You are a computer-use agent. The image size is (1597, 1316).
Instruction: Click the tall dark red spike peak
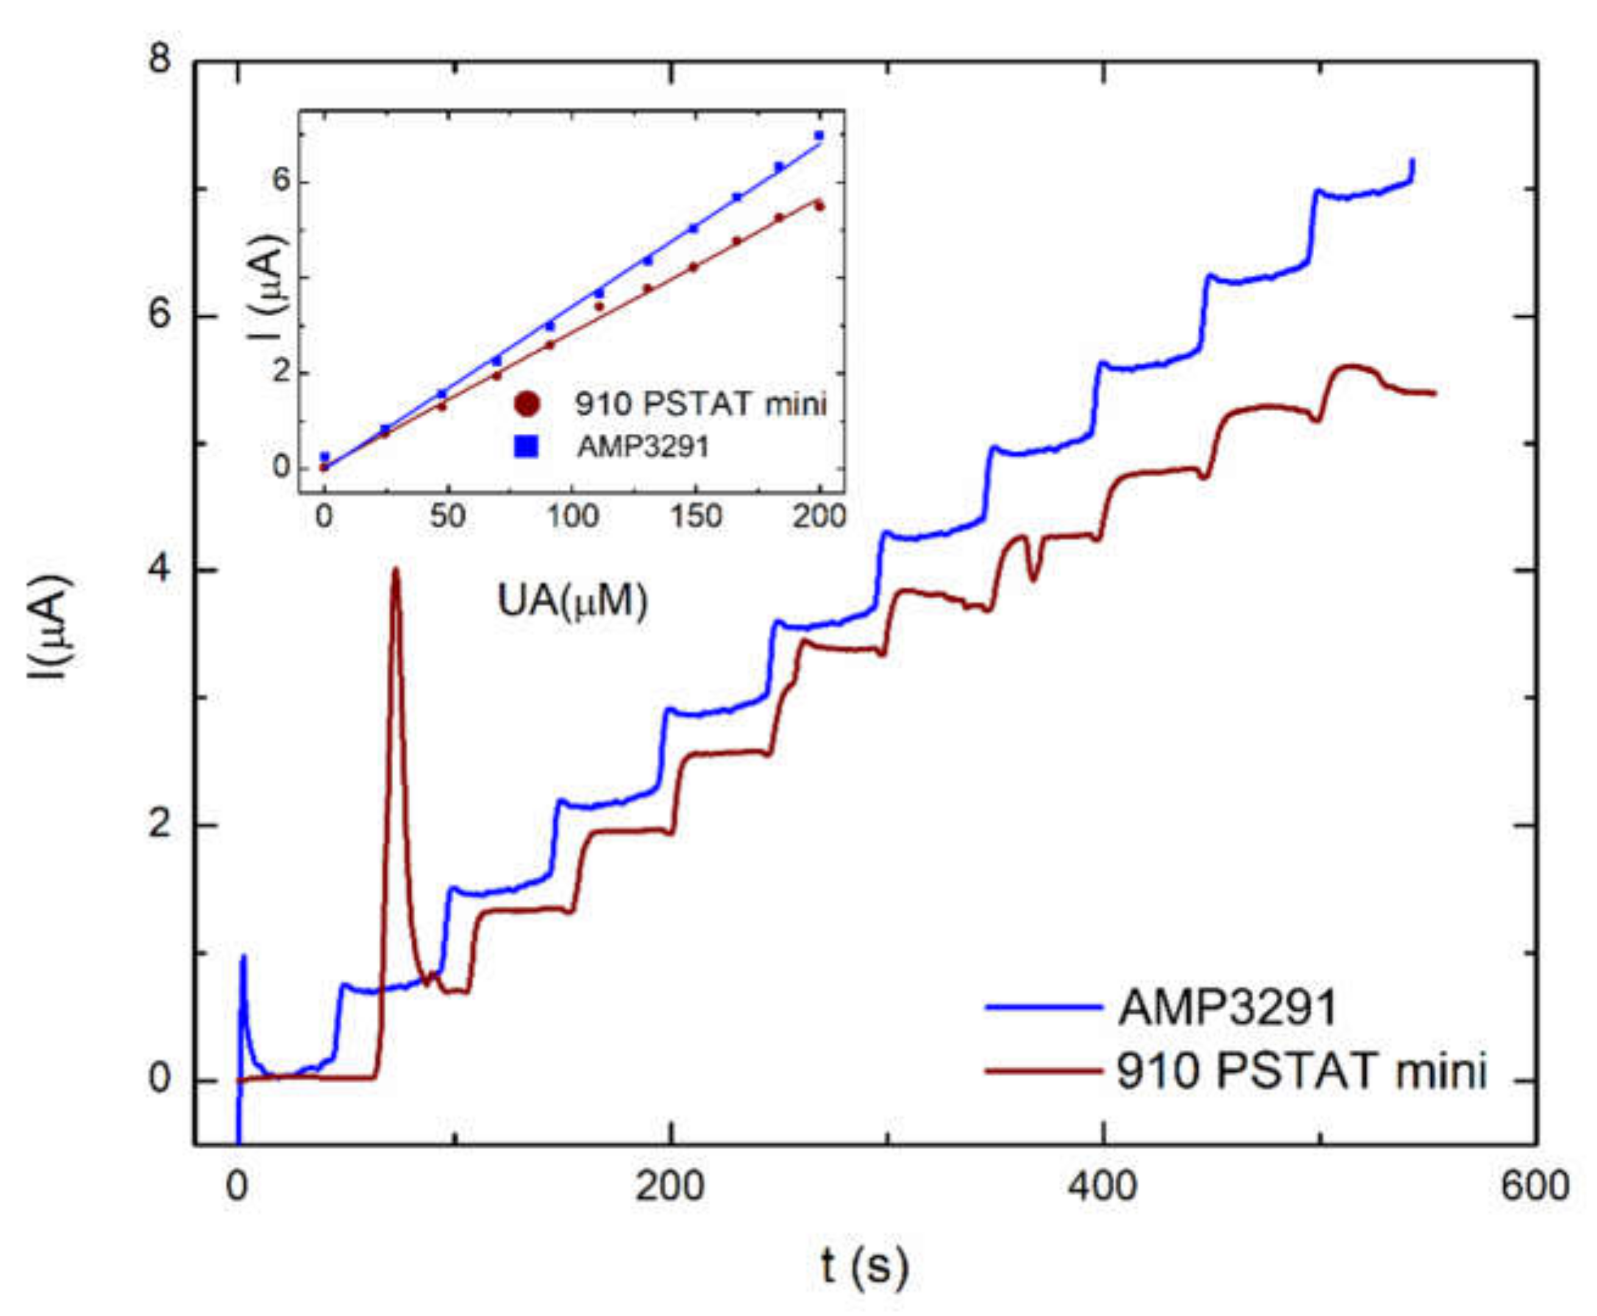[395, 574]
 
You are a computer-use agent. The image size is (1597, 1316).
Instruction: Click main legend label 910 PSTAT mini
[1301, 1072]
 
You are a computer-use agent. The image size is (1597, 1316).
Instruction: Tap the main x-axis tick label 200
[670, 1186]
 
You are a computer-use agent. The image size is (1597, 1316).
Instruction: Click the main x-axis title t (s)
[864, 1266]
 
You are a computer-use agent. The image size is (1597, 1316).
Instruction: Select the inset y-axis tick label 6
[282, 183]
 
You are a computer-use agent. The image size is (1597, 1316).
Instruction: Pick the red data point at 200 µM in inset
[819, 206]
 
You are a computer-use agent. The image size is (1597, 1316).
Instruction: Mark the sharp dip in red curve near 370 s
[1033, 579]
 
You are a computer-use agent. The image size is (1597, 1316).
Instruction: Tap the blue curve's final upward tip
[1411, 161]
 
